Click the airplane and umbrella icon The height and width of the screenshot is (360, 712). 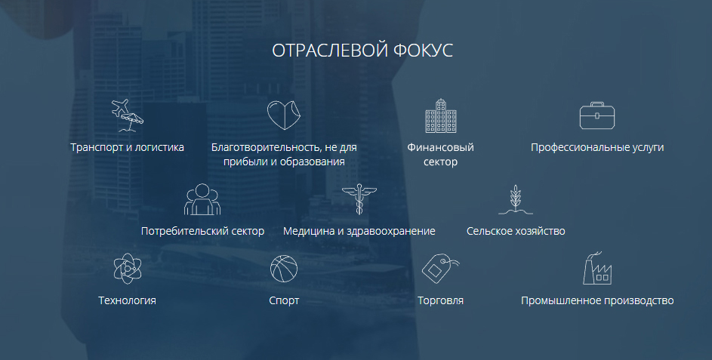pos(127,115)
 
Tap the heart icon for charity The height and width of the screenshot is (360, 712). pos(284,115)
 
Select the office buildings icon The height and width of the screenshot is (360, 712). pos(440,115)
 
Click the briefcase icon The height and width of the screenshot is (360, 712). pos(597,115)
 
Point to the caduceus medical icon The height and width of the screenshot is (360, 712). pos(359,198)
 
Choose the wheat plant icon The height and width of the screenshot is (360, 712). pos(516,199)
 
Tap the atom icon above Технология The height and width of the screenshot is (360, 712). pos(128,269)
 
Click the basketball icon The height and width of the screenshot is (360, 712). pos(284,269)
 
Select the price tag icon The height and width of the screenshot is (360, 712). pos(440,269)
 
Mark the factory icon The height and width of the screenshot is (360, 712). pos(597,268)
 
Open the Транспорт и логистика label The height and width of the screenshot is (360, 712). pos(127,147)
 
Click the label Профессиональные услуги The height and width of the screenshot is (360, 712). pos(597,147)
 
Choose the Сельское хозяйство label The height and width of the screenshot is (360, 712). pos(516,231)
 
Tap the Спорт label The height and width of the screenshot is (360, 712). pos(284,300)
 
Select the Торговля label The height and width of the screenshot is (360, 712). pos(440,300)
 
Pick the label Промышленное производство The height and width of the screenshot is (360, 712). pos(597,300)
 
